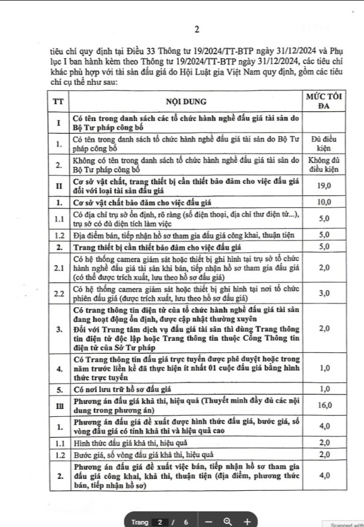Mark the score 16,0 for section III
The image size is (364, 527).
(x=325, y=405)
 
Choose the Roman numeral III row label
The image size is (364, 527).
(x=59, y=405)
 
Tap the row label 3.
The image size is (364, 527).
(x=59, y=329)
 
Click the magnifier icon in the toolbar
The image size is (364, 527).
(x=228, y=521)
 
